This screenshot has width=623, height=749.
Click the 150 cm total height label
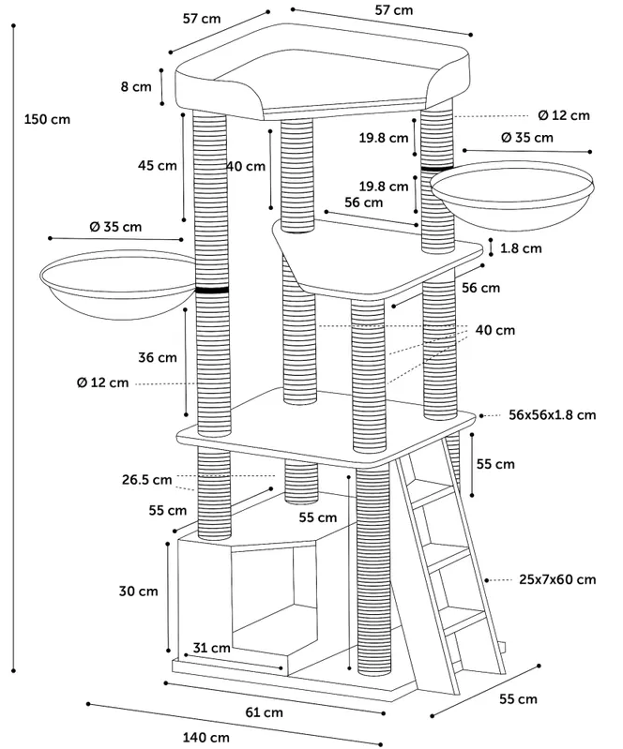tap(48, 119)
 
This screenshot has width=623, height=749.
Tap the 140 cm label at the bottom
tap(206, 738)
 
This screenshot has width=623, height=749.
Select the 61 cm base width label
tap(265, 712)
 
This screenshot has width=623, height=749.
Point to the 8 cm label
tap(135, 87)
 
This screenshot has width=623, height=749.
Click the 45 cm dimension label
tap(157, 166)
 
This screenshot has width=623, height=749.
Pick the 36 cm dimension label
tap(157, 357)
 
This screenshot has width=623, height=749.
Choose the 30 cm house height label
tap(138, 591)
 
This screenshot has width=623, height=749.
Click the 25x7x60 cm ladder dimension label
tap(557, 579)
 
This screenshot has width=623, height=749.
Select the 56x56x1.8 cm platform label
tap(552, 413)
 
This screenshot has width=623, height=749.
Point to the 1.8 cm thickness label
tap(521, 248)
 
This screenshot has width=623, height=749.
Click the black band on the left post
tap(213, 291)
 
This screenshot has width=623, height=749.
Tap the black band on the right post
tap(436, 168)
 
